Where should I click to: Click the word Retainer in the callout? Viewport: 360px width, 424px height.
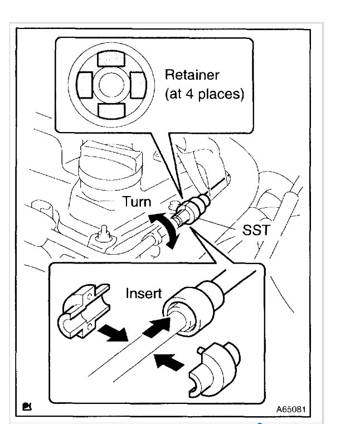pyautogui.click(x=192, y=74)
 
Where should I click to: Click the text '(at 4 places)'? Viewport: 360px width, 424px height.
pyautogui.click(x=204, y=94)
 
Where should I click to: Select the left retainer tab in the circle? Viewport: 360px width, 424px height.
pyautogui.click(x=83, y=84)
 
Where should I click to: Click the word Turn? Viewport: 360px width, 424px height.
pyautogui.click(x=136, y=201)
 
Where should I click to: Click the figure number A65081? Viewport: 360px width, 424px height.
pyautogui.click(x=290, y=409)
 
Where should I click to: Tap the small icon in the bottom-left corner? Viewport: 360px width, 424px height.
pyautogui.click(x=26, y=407)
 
